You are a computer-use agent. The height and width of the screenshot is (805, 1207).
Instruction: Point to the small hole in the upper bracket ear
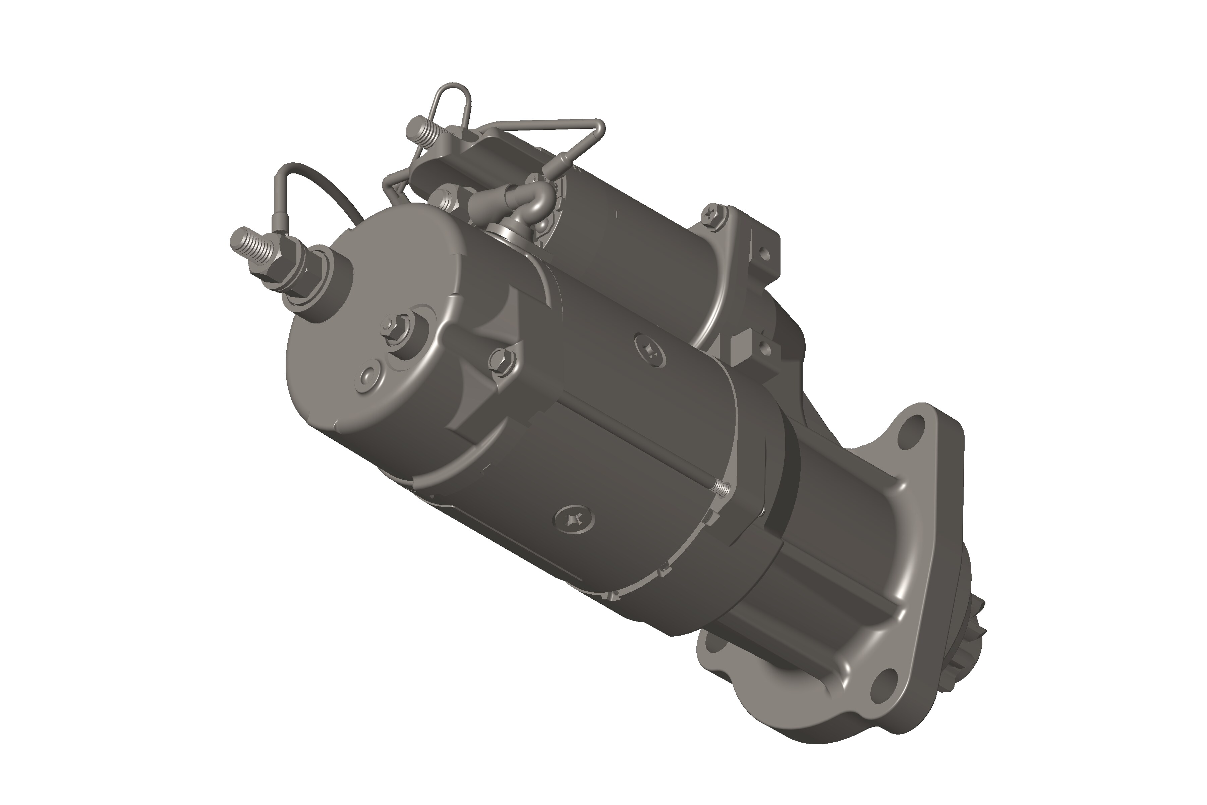coord(764,253)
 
